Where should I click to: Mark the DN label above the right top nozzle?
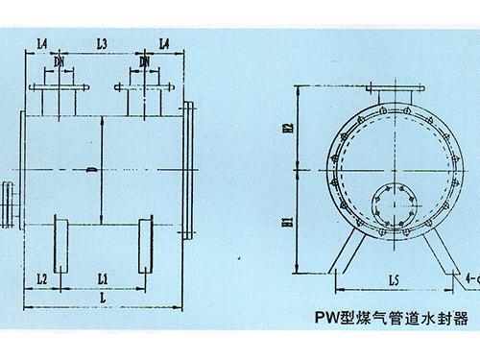tap(144, 61)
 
